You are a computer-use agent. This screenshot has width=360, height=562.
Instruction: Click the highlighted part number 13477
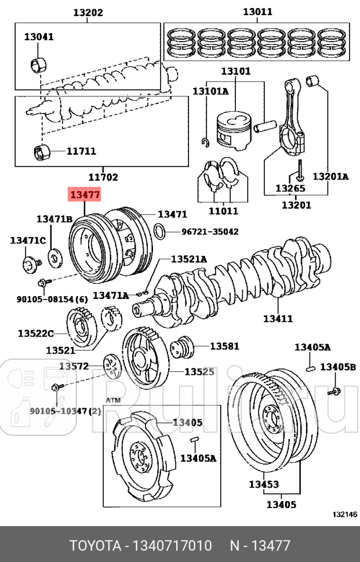85,195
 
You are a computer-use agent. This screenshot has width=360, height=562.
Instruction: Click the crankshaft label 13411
278,318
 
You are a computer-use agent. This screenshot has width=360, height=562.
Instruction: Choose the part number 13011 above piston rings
257,12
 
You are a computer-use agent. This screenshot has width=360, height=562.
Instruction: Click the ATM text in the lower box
114,400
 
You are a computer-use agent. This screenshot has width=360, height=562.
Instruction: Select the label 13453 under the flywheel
264,484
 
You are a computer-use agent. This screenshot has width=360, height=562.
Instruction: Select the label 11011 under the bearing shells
224,211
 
